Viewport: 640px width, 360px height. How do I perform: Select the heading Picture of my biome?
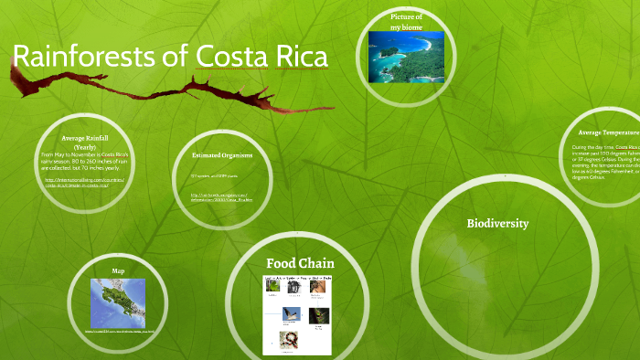[407, 22]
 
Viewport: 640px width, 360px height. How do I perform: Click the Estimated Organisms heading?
[222, 155]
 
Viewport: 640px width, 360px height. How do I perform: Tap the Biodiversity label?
[497, 223]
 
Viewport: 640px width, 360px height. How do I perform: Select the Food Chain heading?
[294, 264]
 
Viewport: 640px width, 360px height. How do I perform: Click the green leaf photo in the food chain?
[273, 286]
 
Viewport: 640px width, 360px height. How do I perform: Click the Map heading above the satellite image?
[118, 271]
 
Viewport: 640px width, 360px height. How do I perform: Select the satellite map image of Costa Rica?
[118, 300]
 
